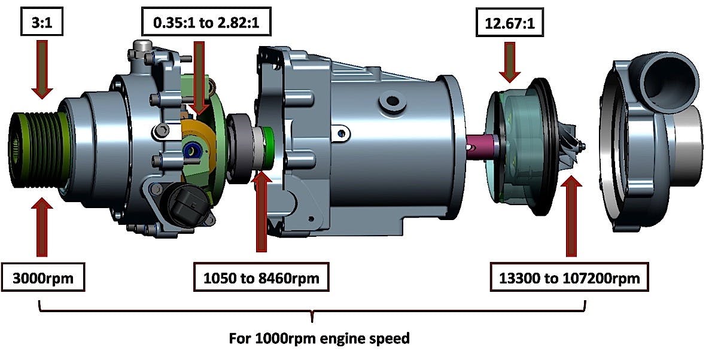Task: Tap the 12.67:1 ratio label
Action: [508, 25]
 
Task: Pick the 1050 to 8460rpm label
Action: [262, 277]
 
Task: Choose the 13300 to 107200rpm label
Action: [569, 277]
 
